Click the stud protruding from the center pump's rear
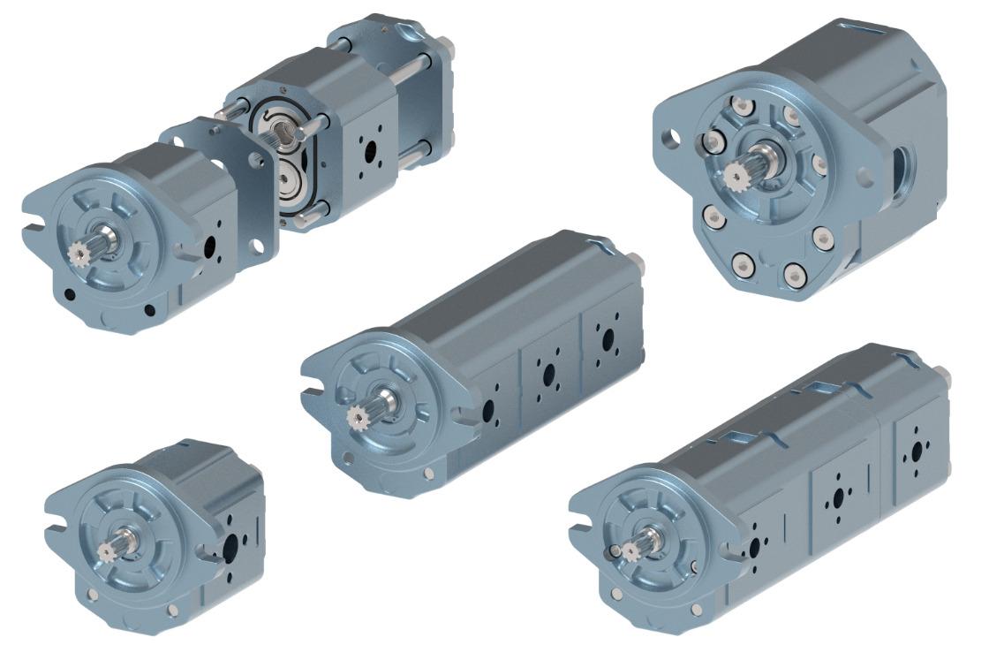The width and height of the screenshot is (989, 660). tap(635, 262)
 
